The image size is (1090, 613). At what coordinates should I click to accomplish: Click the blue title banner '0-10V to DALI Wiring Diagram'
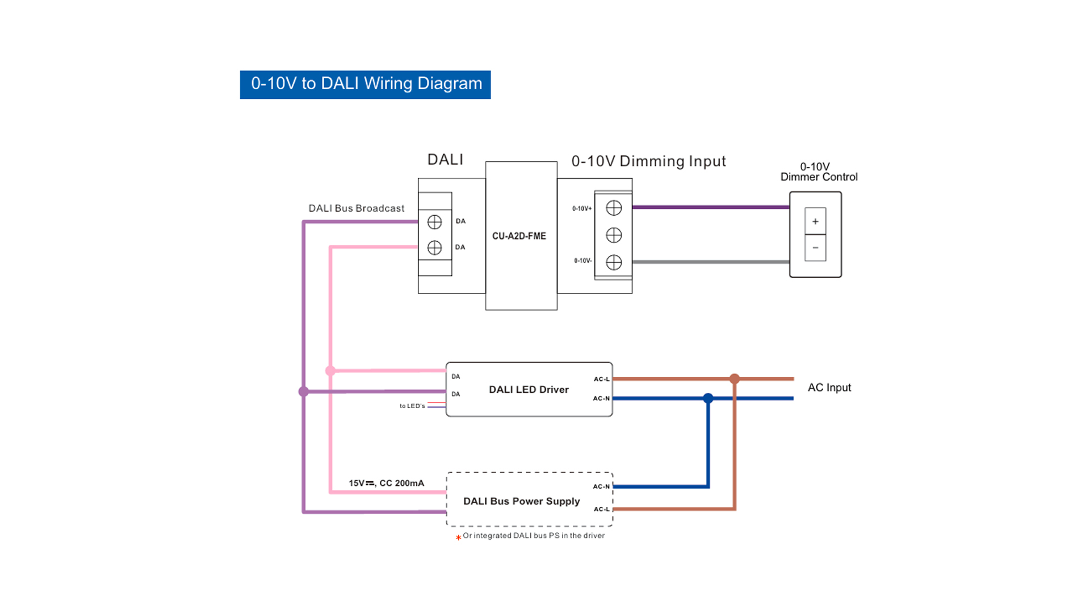pyautogui.click(x=365, y=85)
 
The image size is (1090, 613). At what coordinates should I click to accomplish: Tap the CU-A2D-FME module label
pyautogui.click(x=519, y=236)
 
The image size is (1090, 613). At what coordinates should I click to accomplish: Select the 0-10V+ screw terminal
pyautogui.click(x=614, y=208)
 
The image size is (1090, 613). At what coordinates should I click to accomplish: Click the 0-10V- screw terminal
pyautogui.click(x=614, y=262)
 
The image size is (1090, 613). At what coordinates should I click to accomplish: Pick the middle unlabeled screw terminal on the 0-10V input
pyautogui.click(x=614, y=235)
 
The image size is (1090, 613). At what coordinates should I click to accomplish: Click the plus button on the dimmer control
pyautogui.click(x=815, y=221)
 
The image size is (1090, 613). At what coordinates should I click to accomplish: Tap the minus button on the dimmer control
pyautogui.click(x=815, y=248)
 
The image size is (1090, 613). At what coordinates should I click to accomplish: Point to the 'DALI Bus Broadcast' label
pyautogui.click(x=356, y=208)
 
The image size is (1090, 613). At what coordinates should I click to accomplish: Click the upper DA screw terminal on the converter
pyautogui.click(x=434, y=222)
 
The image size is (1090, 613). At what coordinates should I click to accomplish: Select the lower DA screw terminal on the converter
pyautogui.click(x=434, y=247)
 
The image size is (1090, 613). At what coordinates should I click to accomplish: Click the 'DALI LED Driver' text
pyautogui.click(x=529, y=390)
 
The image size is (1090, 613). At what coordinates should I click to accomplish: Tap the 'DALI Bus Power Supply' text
pyautogui.click(x=521, y=501)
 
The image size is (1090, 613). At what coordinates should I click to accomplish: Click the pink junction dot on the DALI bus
pyautogui.click(x=330, y=371)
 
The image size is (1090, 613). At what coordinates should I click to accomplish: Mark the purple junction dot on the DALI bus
pyautogui.click(x=304, y=392)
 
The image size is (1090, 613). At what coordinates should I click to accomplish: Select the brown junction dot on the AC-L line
pyautogui.click(x=735, y=379)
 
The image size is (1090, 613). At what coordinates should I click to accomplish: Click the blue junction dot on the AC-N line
pyautogui.click(x=708, y=398)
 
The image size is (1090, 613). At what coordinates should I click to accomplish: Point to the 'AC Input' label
pyautogui.click(x=829, y=388)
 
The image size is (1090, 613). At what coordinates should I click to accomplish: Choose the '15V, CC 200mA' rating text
pyautogui.click(x=386, y=483)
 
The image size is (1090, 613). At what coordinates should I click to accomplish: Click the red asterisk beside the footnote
pyautogui.click(x=458, y=538)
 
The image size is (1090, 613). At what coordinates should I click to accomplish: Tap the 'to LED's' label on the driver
pyautogui.click(x=412, y=406)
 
